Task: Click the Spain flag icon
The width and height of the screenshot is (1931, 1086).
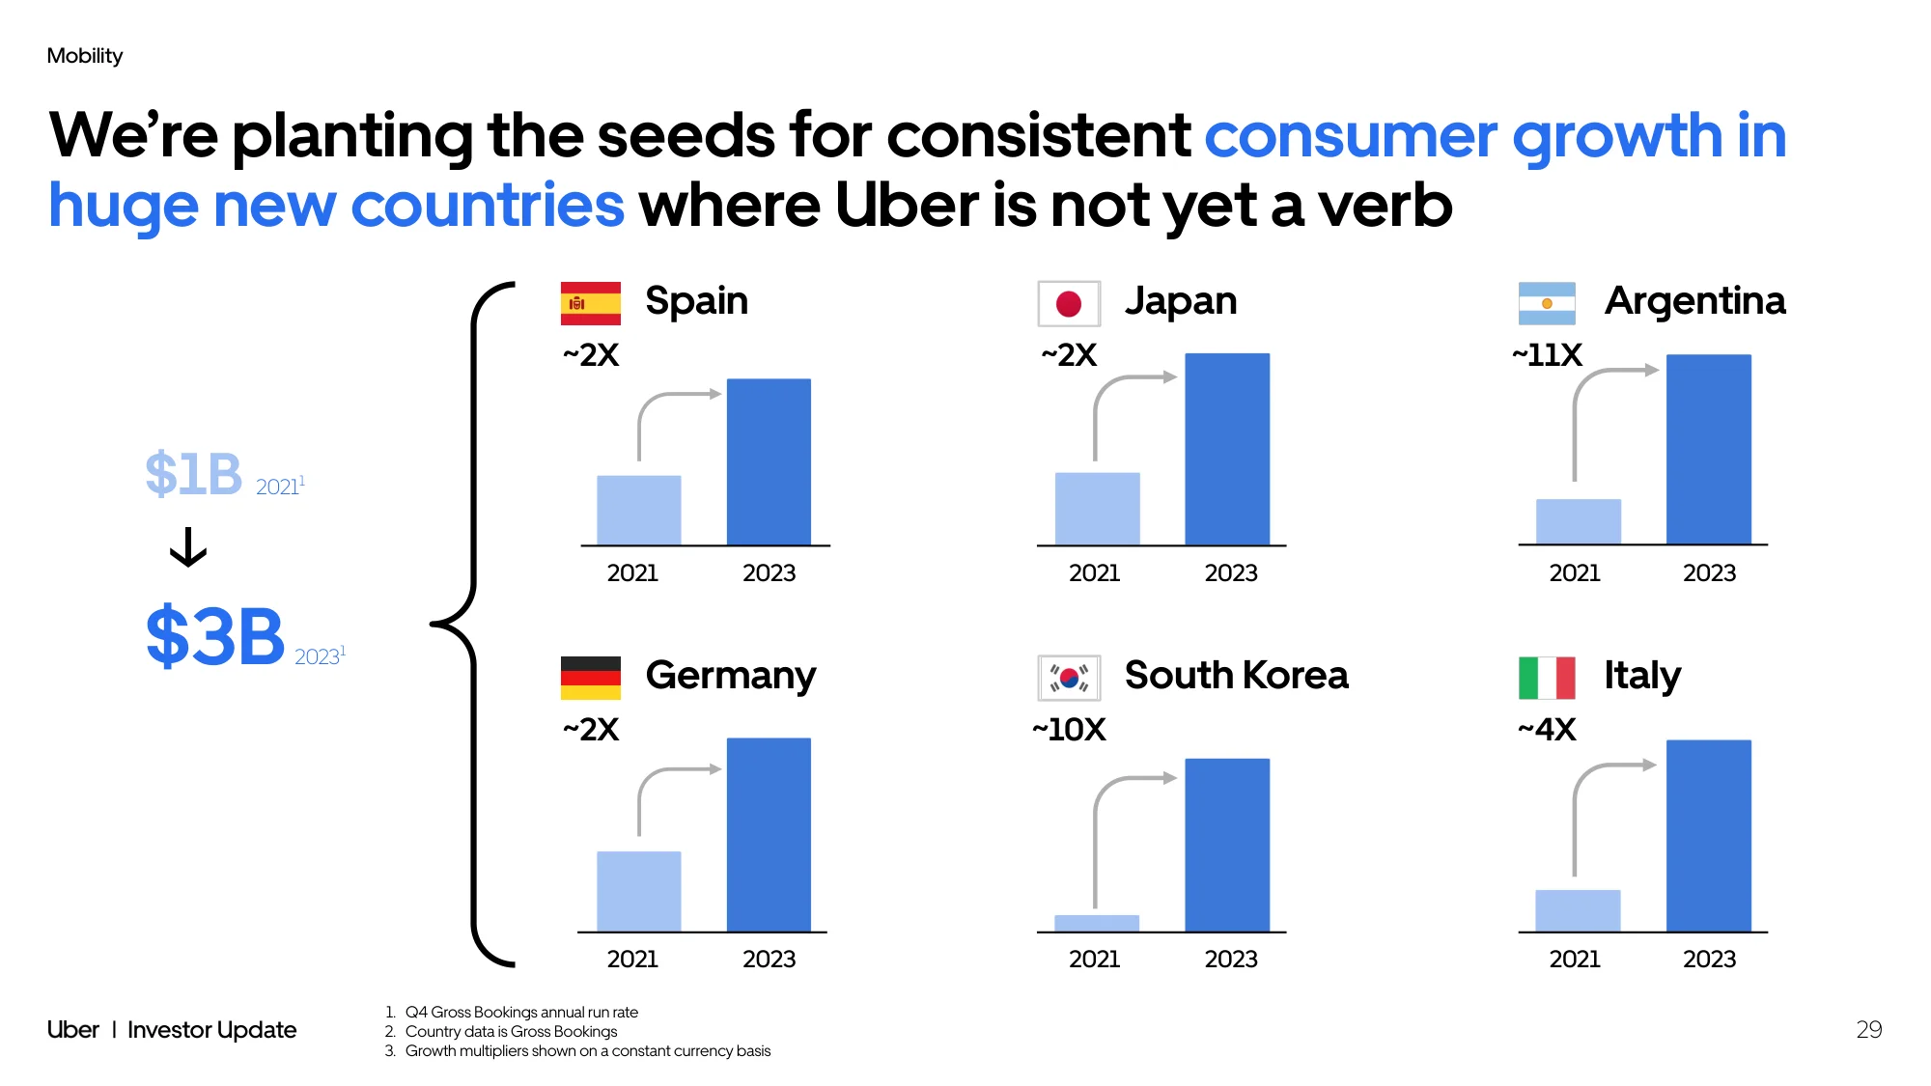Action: pyautogui.click(x=590, y=303)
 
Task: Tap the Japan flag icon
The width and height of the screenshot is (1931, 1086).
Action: pyautogui.click(x=1069, y=303)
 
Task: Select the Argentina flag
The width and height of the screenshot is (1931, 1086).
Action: pyautogui.click(x=1547, y=303)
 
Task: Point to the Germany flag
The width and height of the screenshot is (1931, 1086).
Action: pyautogui.click(x=590, y=678)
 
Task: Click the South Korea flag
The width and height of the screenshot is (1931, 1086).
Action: pyautogui.click(x=1069, y=678)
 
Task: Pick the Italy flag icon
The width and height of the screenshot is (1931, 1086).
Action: pyautogui.click(x=1547, y=678)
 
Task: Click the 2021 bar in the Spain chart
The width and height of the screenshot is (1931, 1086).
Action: pyautogui.click(x=639, y=510)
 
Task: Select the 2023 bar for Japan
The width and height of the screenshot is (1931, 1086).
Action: pyautogui.click(x=1227, y=449)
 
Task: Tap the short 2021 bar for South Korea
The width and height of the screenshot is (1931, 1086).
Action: pyautogui.click(x=1097, y=923)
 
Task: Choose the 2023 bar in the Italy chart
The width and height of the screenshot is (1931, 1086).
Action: pyautogui.click(x=1709, y=835)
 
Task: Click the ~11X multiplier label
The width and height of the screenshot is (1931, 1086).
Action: pyautogui.click(x=1547, y=355)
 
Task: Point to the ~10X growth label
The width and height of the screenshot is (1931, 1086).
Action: pyautogui.click(x=1069, y=730)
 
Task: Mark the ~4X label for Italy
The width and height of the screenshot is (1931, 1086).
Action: pyautogui.click(x=1547, y=730)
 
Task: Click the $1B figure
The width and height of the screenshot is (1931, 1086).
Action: pyautogui.click(x=193, y=474)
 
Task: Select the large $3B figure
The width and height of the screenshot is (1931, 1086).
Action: pyautogui.click(x=215, y=636)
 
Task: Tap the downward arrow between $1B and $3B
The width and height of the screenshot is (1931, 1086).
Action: pyautogui.click(x=188, y=546)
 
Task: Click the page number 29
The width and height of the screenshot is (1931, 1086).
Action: pyautogui.click(x=1869, y=1029)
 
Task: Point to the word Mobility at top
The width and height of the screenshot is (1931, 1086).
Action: pyautogui.click(x=85, y=56)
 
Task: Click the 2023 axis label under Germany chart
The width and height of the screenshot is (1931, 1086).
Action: pyautogui.click(x=769, y=959)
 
